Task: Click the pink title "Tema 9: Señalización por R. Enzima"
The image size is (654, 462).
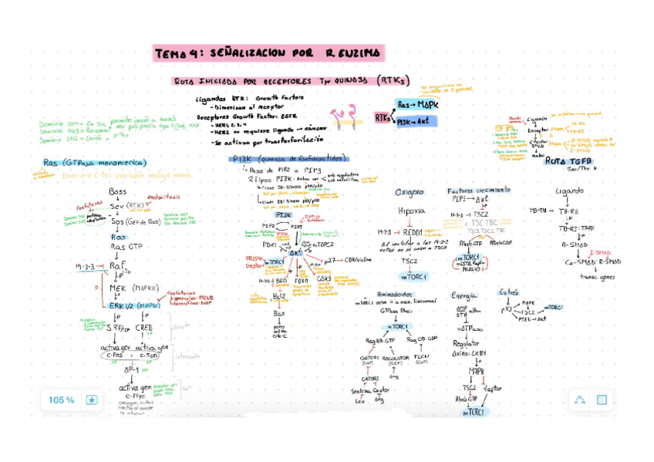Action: [268, 52]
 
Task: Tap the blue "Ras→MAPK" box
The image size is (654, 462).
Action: [417, 103]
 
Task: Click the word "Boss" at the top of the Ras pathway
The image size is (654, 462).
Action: [117, 191]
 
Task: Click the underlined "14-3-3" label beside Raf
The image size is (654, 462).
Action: [85, 266]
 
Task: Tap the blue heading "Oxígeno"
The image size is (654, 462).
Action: [410, 192]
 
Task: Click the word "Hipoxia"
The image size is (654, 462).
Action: [411, 210]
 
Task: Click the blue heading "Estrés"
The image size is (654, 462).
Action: [509, 292]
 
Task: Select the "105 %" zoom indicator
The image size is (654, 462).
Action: [62, 400]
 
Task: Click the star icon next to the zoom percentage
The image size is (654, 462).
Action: [91, 400]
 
